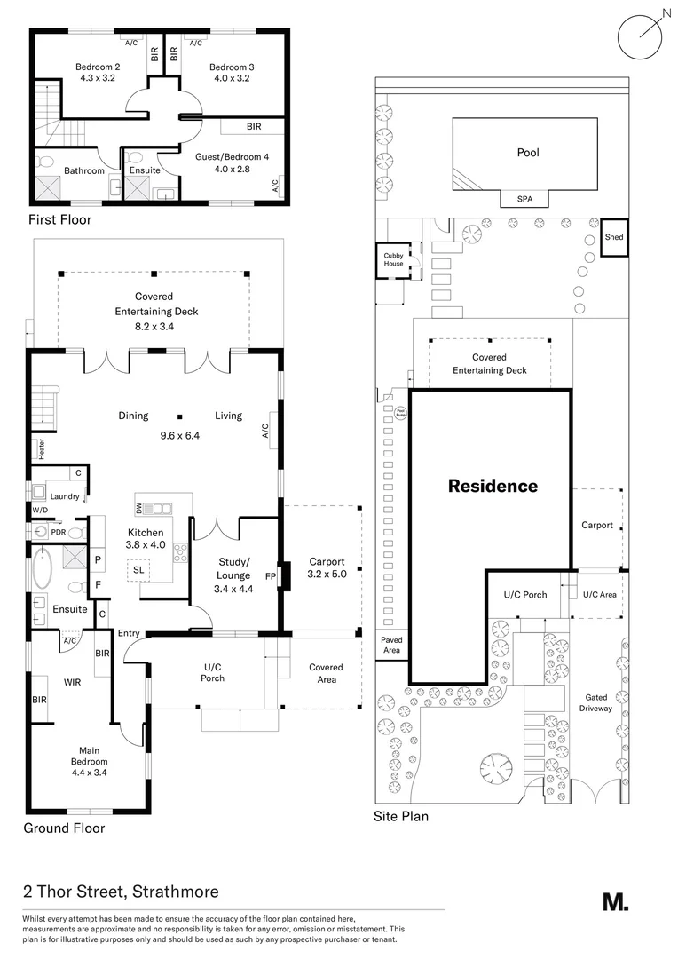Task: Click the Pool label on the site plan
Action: point(528,153)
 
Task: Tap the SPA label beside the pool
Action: point(525,200)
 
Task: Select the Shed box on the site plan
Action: point(614,238)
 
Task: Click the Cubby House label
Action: point(393,260)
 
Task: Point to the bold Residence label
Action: point(493,487)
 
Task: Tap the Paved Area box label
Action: point(391,645)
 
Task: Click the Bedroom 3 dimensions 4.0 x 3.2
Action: point(232,79)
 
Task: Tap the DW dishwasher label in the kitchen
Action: point(140,508)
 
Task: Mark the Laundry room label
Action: point(65,496)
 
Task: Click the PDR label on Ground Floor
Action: point(58,532)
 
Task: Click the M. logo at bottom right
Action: point(615,901)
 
